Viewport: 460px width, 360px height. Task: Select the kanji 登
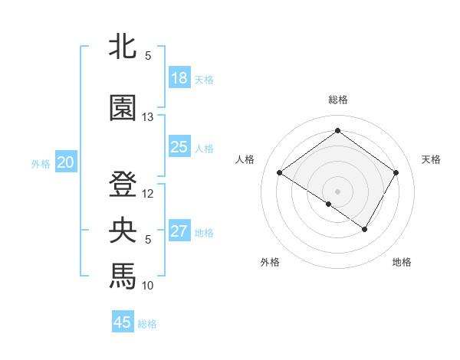[123, 185]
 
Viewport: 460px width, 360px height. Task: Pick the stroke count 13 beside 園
[148, 117]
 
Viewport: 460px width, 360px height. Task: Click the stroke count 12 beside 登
[148, 194]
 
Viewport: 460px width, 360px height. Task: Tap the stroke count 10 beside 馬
[148, 286]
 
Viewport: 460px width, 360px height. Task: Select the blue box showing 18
[179, 78]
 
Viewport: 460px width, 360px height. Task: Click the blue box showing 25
[179, 147]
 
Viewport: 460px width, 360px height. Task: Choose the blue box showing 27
[179, 231]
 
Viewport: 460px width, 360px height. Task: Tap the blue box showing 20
[66, 162]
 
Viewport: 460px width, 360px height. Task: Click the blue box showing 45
[123, 322]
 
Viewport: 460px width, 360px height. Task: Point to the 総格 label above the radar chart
[338, 100]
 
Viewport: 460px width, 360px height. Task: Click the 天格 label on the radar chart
[432, 159]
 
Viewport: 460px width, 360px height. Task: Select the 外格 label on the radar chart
[270, 262]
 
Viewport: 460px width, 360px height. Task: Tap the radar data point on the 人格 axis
[280, 173]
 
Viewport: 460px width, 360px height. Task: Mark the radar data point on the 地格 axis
[365, 229]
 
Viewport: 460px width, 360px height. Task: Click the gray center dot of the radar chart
[337, 191]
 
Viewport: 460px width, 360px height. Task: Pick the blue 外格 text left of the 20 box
[41, 163]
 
